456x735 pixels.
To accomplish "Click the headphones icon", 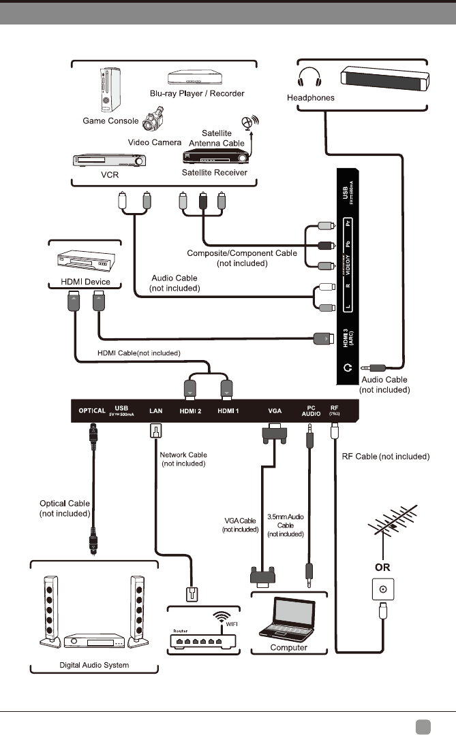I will point(310,78).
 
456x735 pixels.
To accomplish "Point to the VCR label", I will point(87,174).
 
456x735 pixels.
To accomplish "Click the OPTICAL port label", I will point(91,410).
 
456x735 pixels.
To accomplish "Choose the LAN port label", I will point(155,410).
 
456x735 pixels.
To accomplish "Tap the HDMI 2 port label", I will point(190,410).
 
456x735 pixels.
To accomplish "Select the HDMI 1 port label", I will point(228,410).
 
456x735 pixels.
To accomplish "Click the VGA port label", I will point(275,410).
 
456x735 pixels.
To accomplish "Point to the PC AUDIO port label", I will point(310,410).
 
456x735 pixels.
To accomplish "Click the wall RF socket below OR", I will point(381,589).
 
